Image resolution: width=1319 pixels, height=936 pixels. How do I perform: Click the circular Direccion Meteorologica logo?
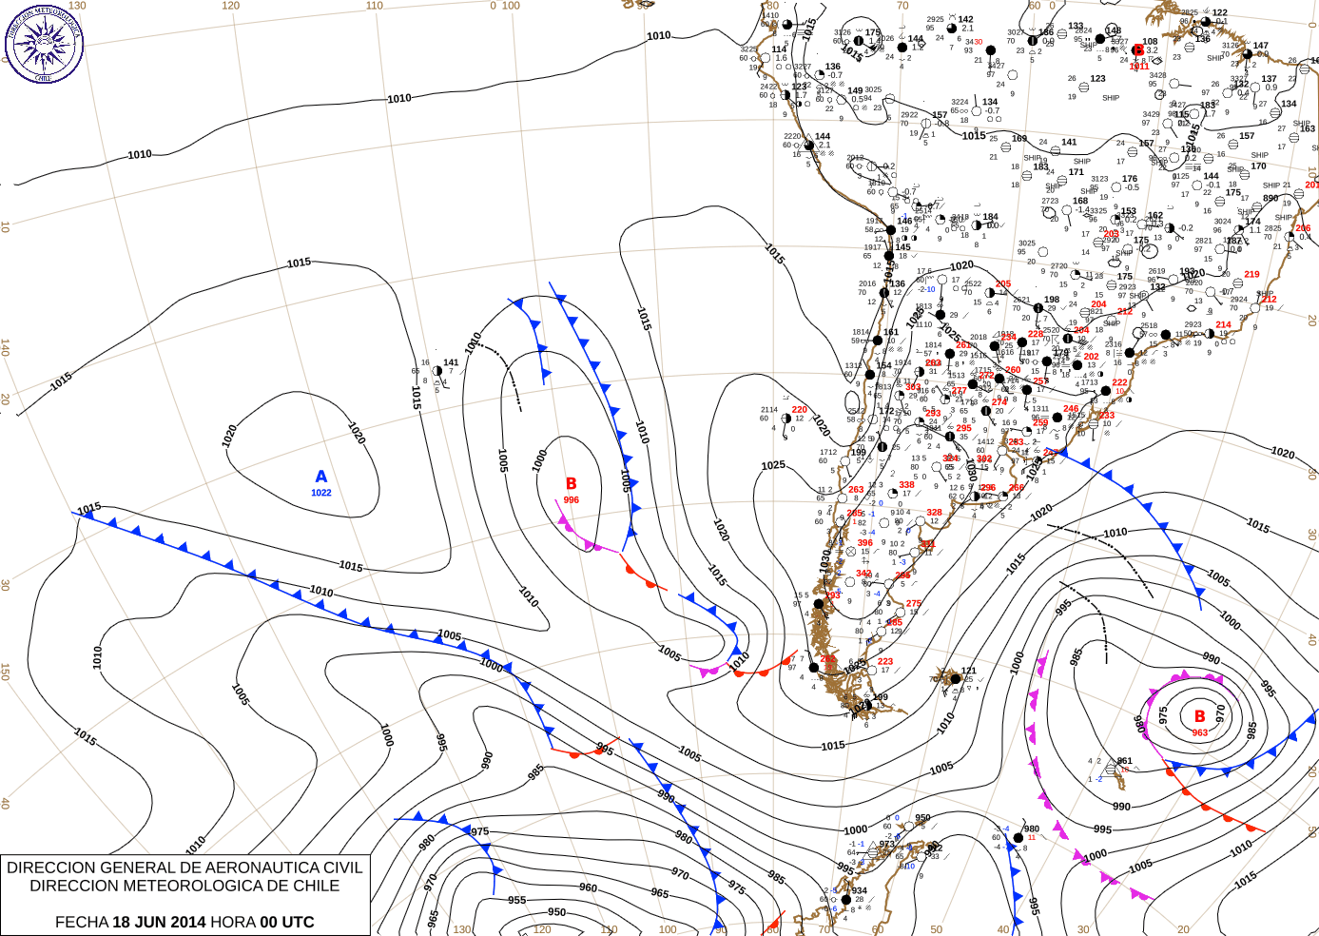click(44, 44)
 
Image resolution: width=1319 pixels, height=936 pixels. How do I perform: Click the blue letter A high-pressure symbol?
click(321, 477)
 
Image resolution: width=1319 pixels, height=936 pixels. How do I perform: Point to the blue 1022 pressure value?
click(321, 493)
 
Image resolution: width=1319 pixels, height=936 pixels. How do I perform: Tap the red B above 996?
click(572, 484)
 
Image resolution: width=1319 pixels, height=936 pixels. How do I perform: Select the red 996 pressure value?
click(572, 499)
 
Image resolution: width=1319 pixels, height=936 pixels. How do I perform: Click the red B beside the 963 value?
click(1200, 716)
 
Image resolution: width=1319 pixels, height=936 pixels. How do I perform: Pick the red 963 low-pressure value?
click(1200, 732)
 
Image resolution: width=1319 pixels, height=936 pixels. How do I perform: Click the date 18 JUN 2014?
click(159, 922)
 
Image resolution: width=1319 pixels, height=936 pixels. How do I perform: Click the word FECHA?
click(82, 922)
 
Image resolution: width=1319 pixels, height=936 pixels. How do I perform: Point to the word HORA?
click(233, 922)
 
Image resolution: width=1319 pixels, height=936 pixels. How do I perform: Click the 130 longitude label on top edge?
click(77, 6)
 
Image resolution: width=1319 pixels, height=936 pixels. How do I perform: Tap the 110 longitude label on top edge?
click(375, 6)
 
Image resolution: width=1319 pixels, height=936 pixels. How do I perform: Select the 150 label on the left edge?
click(6, 672)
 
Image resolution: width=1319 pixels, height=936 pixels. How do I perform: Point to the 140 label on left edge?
click(6, 348)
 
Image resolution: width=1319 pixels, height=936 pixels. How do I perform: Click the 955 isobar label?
click(516, 900)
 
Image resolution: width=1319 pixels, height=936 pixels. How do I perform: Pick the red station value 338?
click(906, 485)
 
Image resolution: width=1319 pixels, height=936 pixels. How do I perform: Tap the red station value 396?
click(864, 543)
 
